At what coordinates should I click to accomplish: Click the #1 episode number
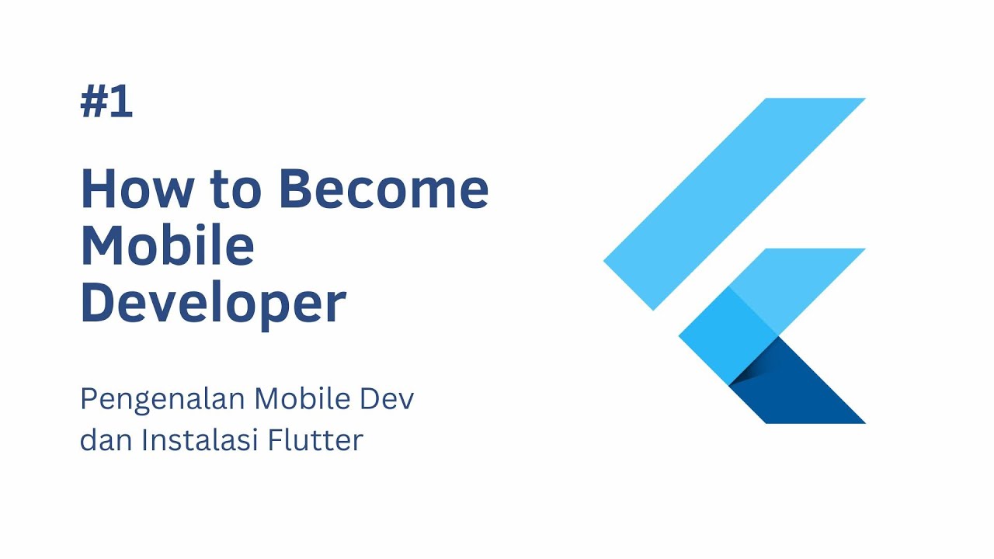[106, 102]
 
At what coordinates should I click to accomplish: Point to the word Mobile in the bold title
[167, 246]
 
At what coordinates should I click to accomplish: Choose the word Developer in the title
[212, 304]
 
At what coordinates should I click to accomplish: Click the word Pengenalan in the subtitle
[162, 400]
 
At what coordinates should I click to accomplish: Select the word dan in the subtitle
[105, 440]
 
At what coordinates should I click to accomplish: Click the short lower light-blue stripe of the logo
[808, 279]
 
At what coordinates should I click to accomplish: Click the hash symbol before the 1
[92, 102]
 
